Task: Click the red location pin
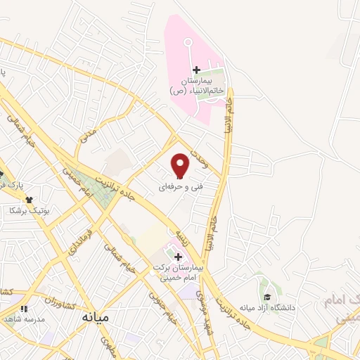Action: (181, 165)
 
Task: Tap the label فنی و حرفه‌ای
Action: (174, 186)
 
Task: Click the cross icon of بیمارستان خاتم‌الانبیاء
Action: (196, 70)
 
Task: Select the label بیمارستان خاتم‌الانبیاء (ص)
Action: (196, 86)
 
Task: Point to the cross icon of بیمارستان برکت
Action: (178, 257)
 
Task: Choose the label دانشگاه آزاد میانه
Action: (265, 308)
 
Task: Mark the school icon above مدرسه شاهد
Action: (24, 308)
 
